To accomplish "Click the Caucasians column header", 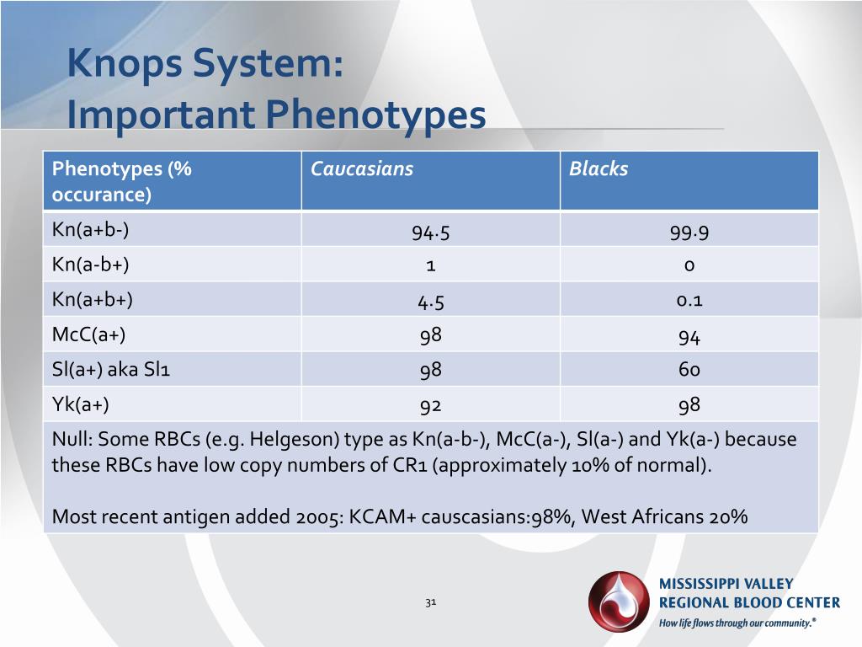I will point(362,168).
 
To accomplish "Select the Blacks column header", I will point(599,168).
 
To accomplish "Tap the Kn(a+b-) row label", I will point(91,230).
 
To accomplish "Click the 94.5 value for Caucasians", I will point(430,233).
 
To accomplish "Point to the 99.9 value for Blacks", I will point(689,233).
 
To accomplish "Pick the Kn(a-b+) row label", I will point(91,265).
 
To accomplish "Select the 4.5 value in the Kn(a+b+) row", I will point(430,302).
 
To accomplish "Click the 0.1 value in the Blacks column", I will point(689,301).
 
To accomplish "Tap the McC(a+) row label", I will point(88,334).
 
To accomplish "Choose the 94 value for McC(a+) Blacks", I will point(689,337).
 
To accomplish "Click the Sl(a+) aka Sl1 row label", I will point(111,369).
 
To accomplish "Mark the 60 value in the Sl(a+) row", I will point(689,370).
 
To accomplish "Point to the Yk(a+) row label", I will point(81,404).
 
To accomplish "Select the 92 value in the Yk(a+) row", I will point(430,405).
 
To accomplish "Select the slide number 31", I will point(430,602).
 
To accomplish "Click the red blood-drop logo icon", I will point(619,601).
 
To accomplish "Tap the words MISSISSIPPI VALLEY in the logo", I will point(726,584).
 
